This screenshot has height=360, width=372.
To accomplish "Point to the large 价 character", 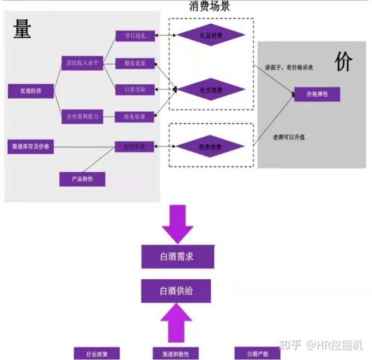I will click(x=343, y=62).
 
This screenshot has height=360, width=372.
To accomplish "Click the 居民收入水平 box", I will click(x=82, y=63).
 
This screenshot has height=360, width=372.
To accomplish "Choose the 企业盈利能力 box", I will click(x=82, y=117).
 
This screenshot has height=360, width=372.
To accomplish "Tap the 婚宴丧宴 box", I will click(x=135, y=63).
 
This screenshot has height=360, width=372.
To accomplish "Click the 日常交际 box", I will click(x=135, y=89).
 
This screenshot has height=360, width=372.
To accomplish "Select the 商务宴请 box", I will click(x=135, y=117).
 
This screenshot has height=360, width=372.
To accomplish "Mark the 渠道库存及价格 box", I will click(x=30, y=146).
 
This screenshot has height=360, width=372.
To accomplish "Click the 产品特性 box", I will click(x=82, y=179).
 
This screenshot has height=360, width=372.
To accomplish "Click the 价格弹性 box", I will click(x=317, y=95).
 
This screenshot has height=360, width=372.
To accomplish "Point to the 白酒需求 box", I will click(x=177, y=257).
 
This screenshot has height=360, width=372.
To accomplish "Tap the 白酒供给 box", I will click(x=177, y=291).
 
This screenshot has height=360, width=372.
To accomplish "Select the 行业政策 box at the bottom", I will click(x=97, y=354).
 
